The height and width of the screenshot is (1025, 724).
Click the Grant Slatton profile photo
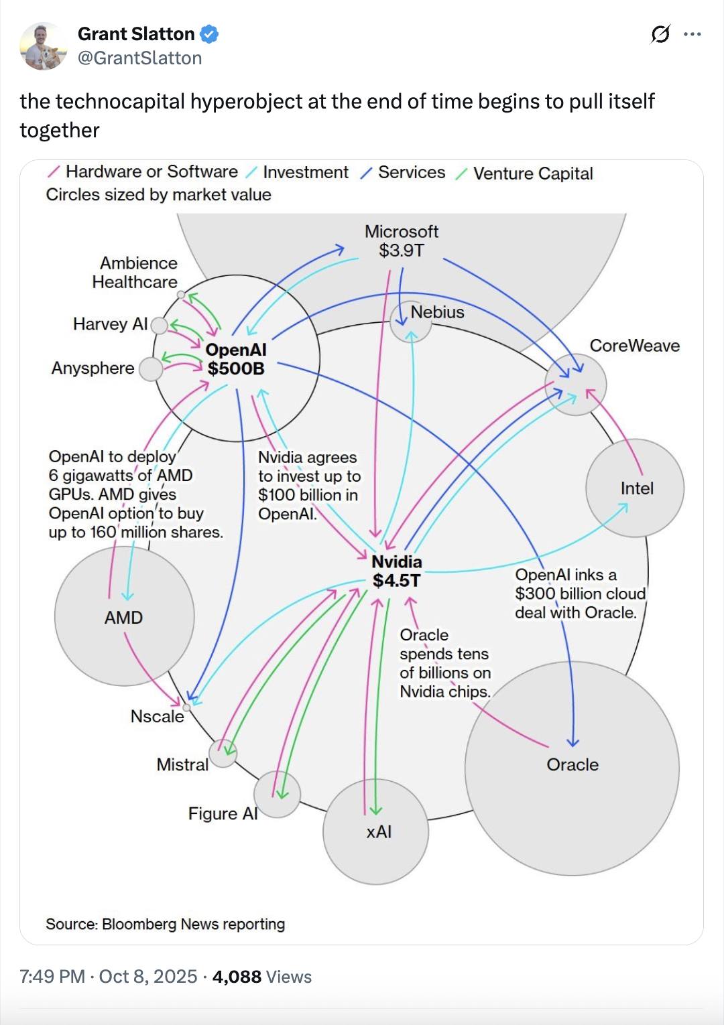tap(44, 46)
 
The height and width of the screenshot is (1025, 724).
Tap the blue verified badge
tap(209, 34)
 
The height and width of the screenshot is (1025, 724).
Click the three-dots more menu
tap(692, 34)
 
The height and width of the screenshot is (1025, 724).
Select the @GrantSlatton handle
tap(139, 58)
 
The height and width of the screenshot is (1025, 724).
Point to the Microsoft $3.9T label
tap(401, 241)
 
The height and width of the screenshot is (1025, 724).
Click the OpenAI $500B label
tap(236, 359)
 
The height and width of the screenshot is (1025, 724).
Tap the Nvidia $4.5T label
tap(397, 571)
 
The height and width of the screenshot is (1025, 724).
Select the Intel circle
tap(635, 488)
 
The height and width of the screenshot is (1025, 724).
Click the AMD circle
tap(124, 616)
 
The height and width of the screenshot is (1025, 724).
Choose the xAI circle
tap(376, 832)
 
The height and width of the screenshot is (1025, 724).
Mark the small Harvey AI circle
tap(159, 326)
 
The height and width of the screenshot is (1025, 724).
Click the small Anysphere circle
tap(151, 368)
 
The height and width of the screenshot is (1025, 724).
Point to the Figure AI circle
tap(277, 794)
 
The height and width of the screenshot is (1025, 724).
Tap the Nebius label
tap(437, 312)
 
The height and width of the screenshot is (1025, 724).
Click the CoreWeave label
tap(634, 346)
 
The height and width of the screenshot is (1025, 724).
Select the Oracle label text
tap(572, 764)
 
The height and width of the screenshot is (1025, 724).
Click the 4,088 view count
tap(237, 977)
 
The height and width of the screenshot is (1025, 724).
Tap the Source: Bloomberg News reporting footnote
tap(165, 925)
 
